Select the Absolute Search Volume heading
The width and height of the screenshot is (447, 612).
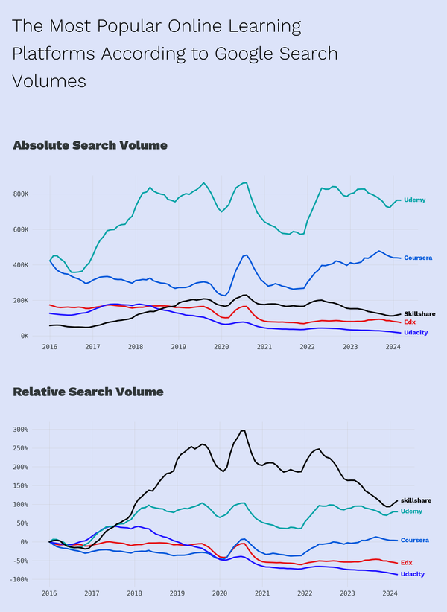90,145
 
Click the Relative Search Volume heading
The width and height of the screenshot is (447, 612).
88,392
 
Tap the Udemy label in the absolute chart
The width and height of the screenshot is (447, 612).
414,200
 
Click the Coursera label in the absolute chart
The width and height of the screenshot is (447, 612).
418,258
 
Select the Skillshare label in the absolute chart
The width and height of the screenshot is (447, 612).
419,314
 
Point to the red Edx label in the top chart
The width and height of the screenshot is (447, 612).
410,322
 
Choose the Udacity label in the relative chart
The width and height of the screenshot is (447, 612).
413,574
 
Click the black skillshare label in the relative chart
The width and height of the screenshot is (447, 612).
416,500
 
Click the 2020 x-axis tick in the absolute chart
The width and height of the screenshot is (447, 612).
221,348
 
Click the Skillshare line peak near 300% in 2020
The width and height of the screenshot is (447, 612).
243,430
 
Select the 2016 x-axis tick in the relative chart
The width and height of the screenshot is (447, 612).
49,594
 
